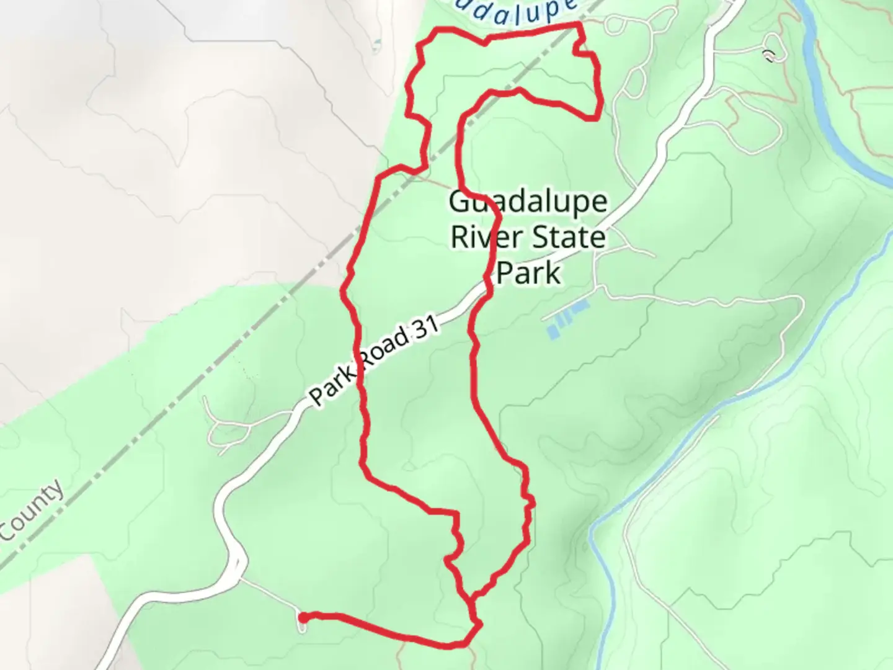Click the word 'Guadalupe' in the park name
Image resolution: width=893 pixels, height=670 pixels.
(x=528, y=202)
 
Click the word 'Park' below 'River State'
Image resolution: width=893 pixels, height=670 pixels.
(x=529, y=273)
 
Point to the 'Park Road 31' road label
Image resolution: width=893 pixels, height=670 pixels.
(x=374, y=361)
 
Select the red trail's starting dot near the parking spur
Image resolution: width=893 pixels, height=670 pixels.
(x=303, y=617)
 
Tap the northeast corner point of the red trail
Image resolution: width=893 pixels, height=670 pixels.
(x=579, y=24)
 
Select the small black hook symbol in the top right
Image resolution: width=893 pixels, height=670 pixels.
(x=770, y=56)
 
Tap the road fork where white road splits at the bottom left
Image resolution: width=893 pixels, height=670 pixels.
(x=239, y=574)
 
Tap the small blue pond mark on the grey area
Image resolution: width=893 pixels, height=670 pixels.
(x=377, y=45)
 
